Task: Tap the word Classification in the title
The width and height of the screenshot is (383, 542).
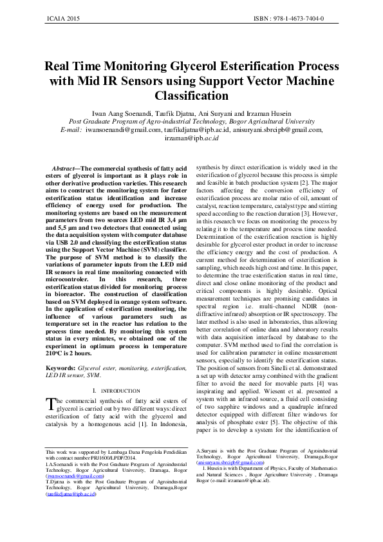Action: tap(191, 96)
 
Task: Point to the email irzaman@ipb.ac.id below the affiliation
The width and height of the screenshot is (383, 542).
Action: tap(192, 138)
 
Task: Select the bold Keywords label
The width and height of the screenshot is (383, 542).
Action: tap(64, 368)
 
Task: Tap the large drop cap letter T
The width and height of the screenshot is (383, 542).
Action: tap(50, 404)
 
